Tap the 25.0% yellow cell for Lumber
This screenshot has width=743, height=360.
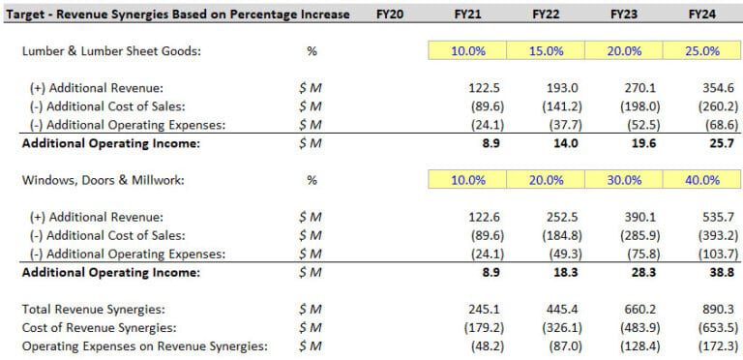click(702, 51)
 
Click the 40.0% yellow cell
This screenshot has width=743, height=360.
click(702, 180)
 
